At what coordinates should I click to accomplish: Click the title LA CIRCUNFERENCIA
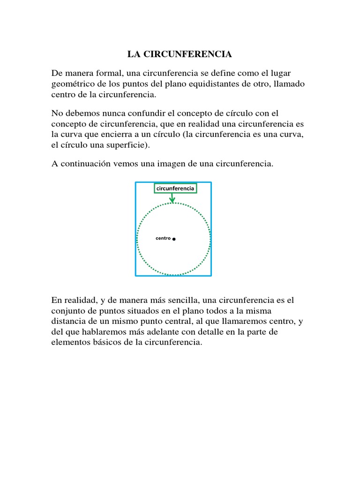pos(180,55)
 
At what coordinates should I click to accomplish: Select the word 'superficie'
pos(126,145)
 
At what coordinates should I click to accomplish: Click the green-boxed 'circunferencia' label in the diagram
pos(175,188)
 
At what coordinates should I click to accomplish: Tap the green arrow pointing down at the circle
pos(172,199)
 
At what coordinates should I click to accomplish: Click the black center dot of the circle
pos(174,239)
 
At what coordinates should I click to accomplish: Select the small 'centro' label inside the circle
pos(163,239)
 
